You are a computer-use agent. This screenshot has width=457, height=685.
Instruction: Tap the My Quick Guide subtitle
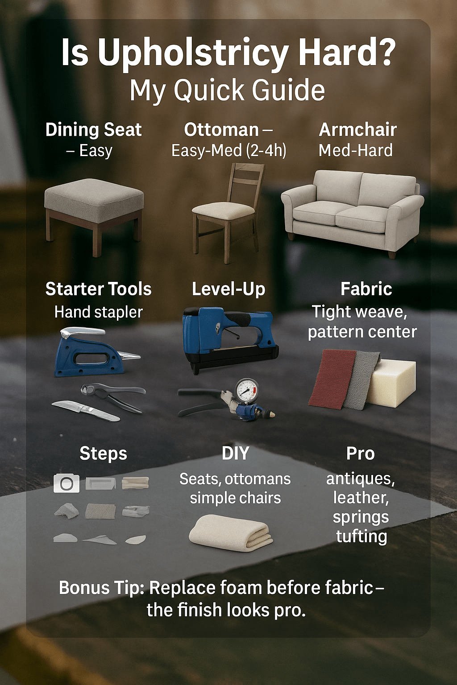227,91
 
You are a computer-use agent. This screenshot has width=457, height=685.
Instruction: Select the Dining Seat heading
93,130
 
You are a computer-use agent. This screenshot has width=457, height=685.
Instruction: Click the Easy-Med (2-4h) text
228,150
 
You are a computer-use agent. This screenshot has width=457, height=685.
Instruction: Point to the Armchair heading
358,130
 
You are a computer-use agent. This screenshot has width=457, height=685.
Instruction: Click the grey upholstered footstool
94,214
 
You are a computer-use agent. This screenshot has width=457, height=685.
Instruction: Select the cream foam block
391,383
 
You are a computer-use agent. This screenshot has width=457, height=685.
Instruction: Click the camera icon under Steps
66,483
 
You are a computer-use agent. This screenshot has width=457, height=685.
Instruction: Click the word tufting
361,536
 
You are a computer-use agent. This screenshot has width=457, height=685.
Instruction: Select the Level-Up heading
228,289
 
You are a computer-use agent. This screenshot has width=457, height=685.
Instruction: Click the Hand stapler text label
98,312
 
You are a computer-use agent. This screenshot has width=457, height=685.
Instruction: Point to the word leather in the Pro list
361,498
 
